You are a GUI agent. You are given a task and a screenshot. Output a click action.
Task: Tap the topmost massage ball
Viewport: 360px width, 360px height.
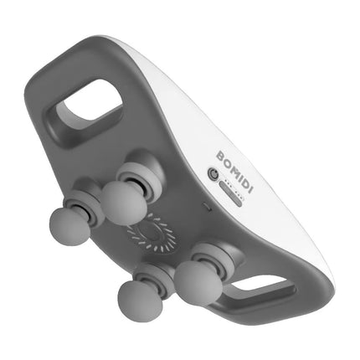coord(122,201)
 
